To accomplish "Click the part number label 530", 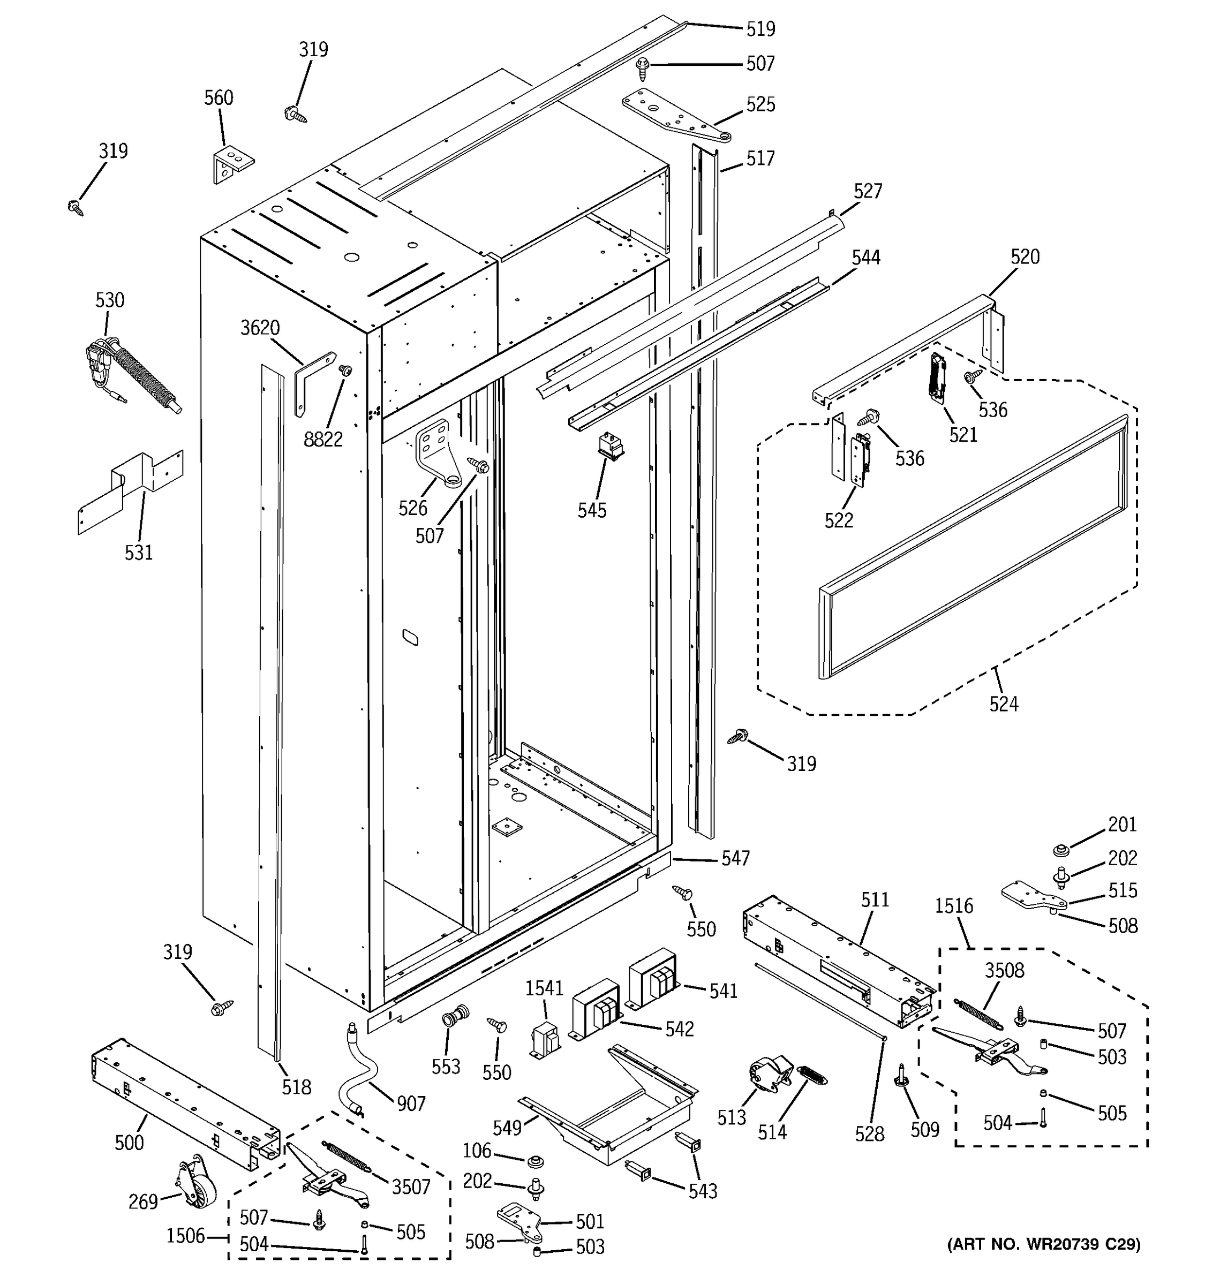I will pyautogui.click(x=109, y=300).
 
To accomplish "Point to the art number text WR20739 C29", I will pyautogui.click(x=1043, y=1244).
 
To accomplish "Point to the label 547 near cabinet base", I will pyautogui.click(x=736, y=858).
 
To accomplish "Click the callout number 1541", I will pyautogui.click(x=544, y=988).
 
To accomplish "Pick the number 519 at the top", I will pyautogui.click(x=760, y=29).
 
